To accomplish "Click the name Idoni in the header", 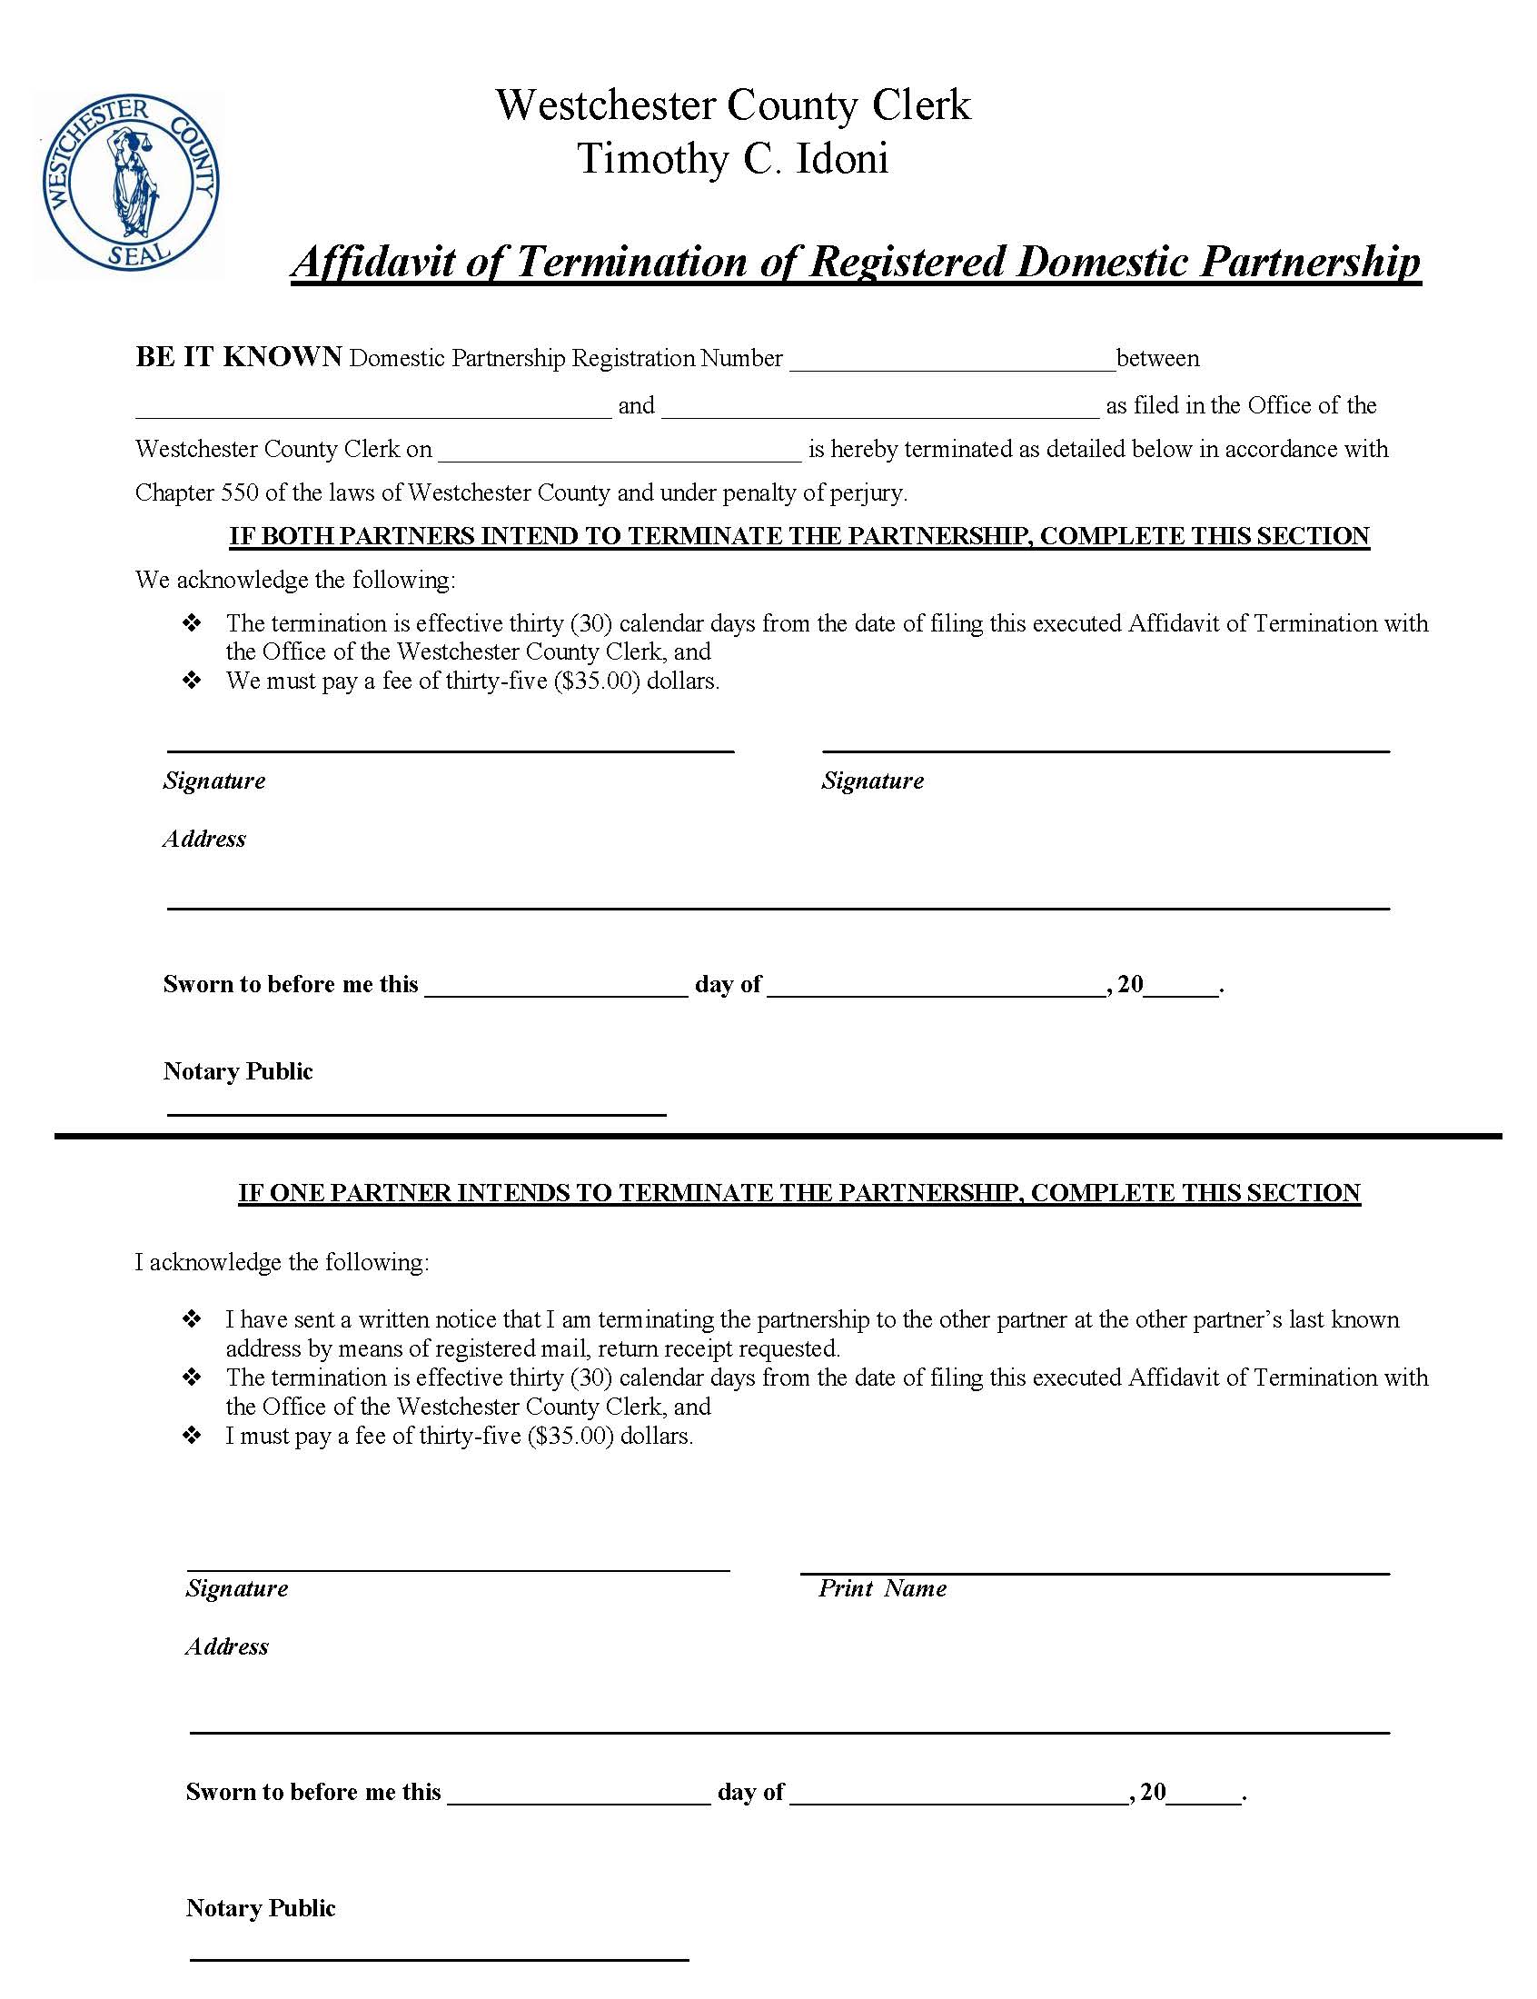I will pos(841,159).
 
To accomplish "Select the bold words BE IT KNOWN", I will pos(239,357).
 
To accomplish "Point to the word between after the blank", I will pos(1157,359).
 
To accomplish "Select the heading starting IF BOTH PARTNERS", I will pos(798,536).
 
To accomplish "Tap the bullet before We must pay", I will pos(193,681).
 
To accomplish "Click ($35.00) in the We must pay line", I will pos(597,681).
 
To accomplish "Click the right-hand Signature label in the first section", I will pos(872,781).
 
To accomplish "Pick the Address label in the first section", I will pos(204,839).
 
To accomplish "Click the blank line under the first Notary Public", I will pos(416,1111).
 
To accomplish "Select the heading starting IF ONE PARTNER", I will pos(798,1193).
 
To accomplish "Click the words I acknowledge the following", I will pos(282,1262).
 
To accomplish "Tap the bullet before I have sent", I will pos(193,1319).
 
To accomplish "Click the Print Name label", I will pos(882,1589).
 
